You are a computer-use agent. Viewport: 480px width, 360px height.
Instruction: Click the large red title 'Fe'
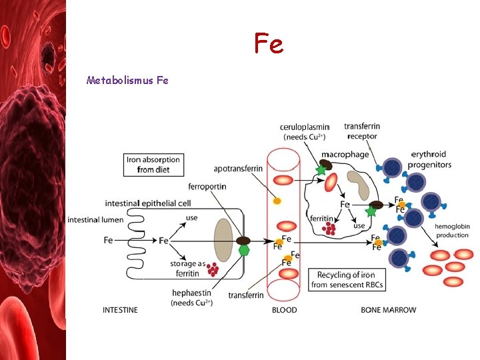pyautogui.click(x=269, y=43)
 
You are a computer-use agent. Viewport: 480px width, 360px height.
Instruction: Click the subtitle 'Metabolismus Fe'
pyautogui.click(x=127, y=81)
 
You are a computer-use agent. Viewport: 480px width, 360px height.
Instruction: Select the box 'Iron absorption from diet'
pyautogui.click(x=153, y=165)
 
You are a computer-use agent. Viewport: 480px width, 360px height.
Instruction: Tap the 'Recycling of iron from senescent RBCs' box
pyautogui.click(x=346, y=280)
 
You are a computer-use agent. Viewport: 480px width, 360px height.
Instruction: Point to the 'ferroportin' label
pyautogui.click(x=207, y=187)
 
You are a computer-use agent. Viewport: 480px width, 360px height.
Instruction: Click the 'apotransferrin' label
pyautogui.click(x=238, y=169)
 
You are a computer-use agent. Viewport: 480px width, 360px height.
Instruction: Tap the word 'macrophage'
pyautogui.click(x=345, y=155)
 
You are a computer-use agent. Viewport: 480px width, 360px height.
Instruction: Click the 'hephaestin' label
pyautogui.click(x=191, y=293)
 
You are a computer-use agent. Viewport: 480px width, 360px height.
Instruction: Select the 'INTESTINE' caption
pyautogui.click(x=120, y=310)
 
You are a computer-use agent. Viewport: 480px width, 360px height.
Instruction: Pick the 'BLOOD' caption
pyautogui.click(x=285, y=310)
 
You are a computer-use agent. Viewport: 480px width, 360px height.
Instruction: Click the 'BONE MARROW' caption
pyautogui.click(x=388, y=310)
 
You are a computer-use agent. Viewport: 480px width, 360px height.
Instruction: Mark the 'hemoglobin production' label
pyautogui.click(x=452, y=231)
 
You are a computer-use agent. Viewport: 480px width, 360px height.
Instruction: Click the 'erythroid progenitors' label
pyautogui.click(x=430, y=160)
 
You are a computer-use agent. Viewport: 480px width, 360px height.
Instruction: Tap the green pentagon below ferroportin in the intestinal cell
pyautogui.click(x=244, y=250)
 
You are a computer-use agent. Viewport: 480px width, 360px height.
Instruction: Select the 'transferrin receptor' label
pyautogui.click(x=362, y=131)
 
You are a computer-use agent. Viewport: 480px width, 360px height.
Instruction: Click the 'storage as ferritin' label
pyautogui.click(x=184, y=269)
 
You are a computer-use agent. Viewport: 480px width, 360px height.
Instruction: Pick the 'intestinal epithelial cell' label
pyautogui.click(x=148, y=203)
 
